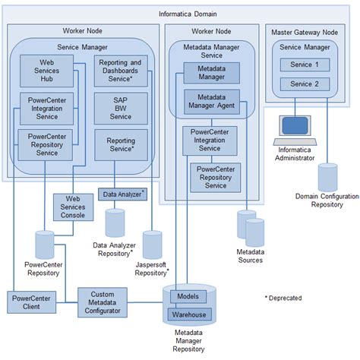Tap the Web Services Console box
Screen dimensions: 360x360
(x=73, y=206)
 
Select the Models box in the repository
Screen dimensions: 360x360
(x=187, y=295)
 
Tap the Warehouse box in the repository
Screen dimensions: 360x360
(x=191, y=314)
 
